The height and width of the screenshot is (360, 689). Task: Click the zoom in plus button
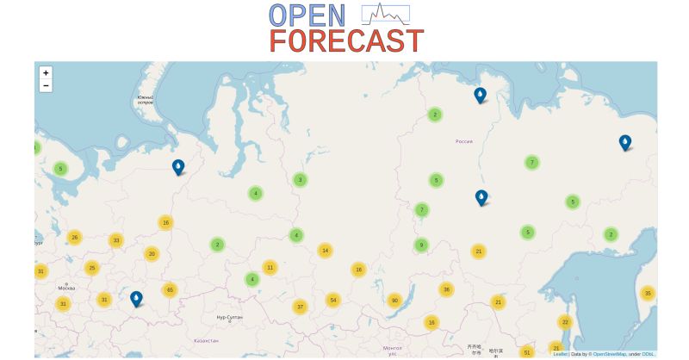click(46, 73)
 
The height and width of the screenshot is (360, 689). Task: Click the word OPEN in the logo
click(307, 15)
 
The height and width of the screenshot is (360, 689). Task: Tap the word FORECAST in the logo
click(346, 41)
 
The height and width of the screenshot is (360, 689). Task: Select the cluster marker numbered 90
click(394, 301)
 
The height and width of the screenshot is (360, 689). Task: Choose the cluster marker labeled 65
click(170, 290)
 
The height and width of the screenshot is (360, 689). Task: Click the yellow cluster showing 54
click(332, 300)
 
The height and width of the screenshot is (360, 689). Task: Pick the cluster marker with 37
click(300, 307)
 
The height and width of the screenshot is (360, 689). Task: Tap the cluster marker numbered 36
click(446, 289)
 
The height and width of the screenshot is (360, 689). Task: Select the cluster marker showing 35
click(648, 294)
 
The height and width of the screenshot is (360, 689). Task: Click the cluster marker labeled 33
click(116, 240)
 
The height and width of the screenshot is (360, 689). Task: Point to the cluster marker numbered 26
click(75, 238)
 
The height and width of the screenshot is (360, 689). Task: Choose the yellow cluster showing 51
click(527, 352)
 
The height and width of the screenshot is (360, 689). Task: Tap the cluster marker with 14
click(325, 251)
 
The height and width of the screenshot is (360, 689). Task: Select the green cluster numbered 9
click(421, 245)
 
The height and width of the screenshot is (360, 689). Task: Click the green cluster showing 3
click(300, 180)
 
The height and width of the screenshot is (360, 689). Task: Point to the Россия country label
click(464, 141)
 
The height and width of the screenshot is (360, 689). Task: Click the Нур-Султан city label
click(229, 318)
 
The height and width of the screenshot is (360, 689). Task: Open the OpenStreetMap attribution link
click(612, 354)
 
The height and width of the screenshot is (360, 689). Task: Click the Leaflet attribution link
click(560, 354)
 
